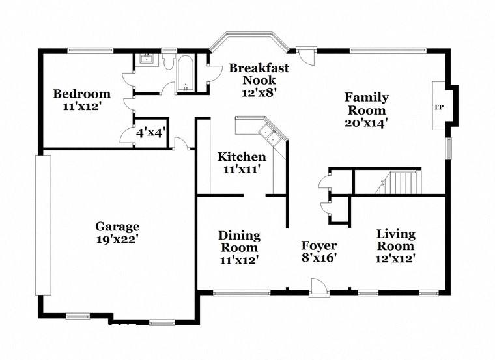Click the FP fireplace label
[x=438, y=107]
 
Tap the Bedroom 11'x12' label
[x=81, y=100]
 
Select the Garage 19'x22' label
[x=117, y=232]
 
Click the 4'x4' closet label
[x=150, y=132]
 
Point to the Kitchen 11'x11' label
[x=242, y=163]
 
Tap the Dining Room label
[x=239, y=247]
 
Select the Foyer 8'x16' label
[x=318, y=251]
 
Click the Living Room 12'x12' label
[x=395, y=245]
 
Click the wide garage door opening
[x=43, y=225]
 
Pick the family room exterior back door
[x=307, y=55]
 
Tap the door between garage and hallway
[x=180, y=144]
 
